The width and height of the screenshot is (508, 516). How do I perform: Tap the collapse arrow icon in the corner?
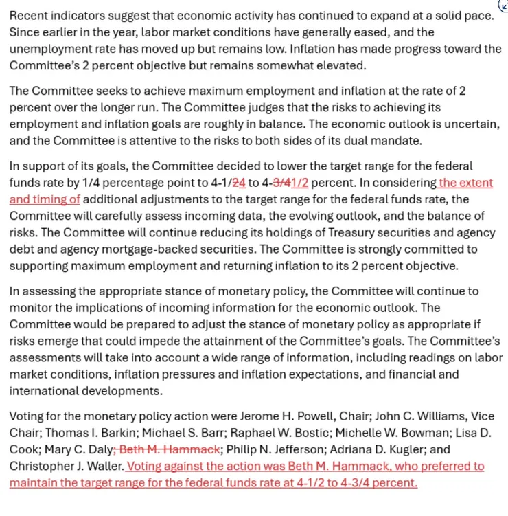tap(503, 6)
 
